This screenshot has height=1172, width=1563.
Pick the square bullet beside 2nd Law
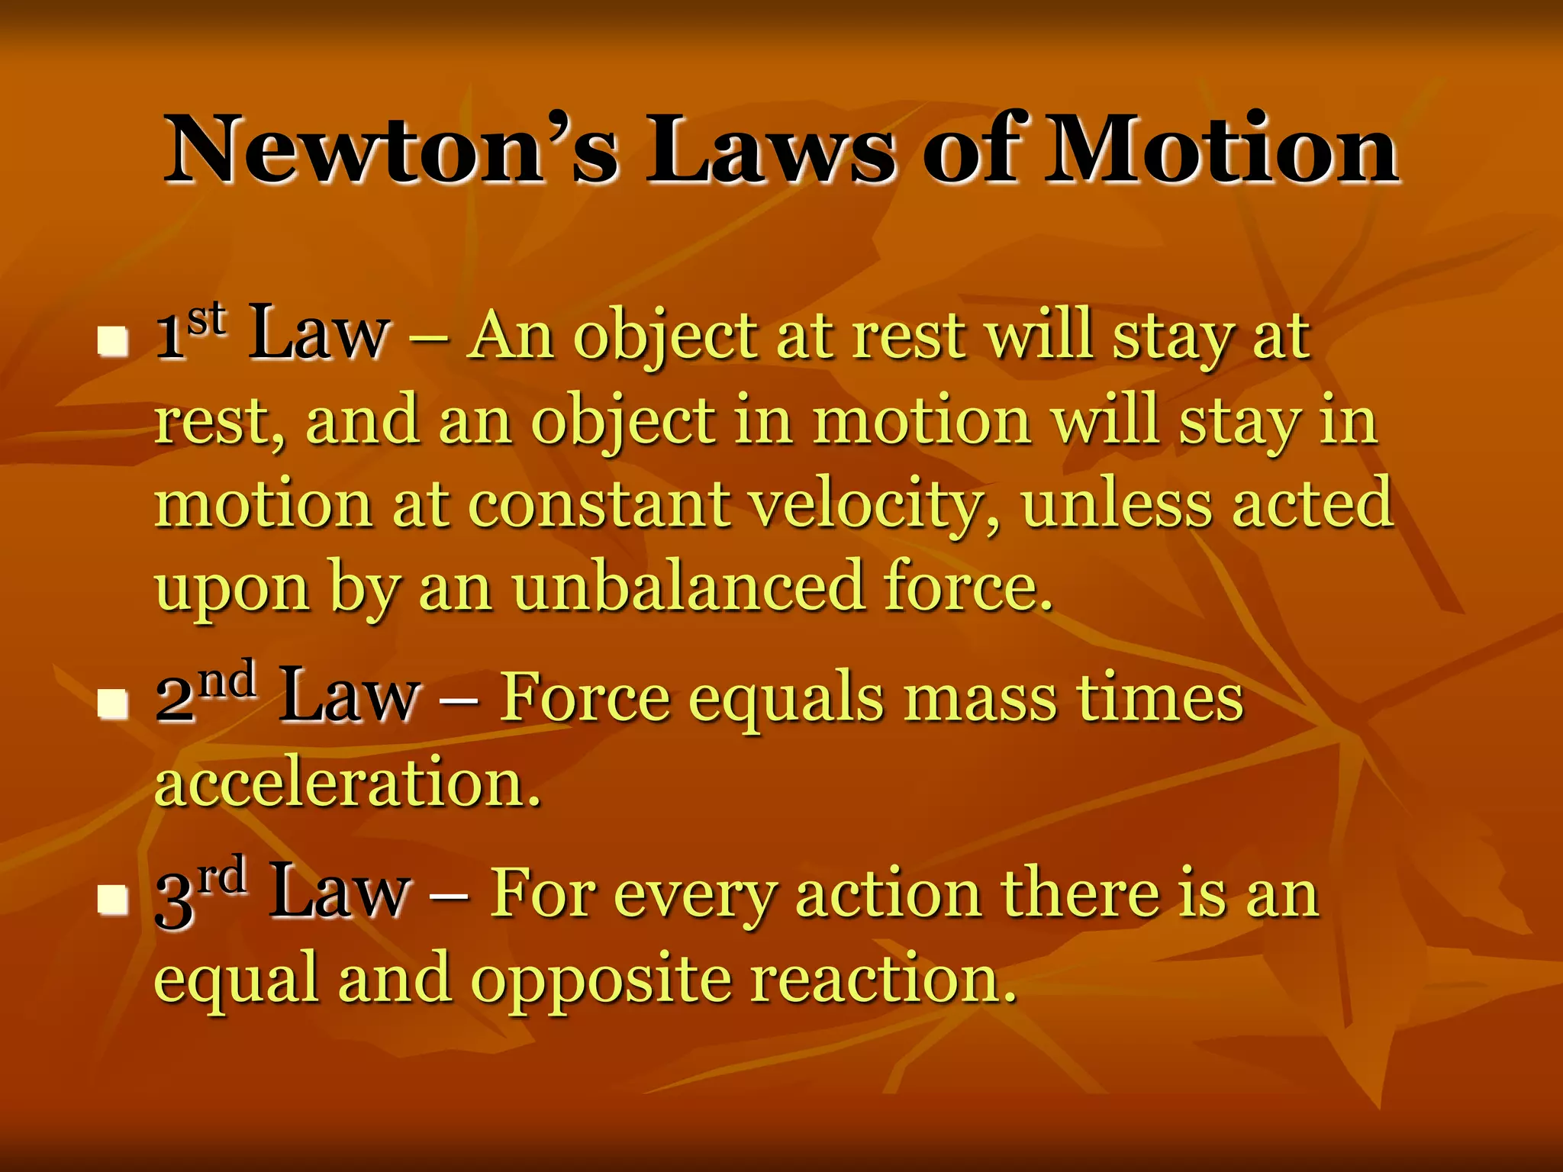[x=113, y=704]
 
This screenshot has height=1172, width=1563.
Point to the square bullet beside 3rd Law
[x=113, y=899]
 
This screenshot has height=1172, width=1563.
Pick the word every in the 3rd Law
[x=694, y=895]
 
